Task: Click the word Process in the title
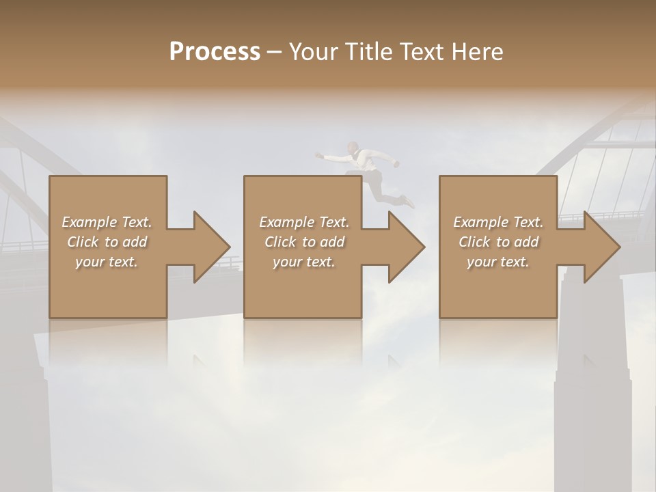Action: (215, 52)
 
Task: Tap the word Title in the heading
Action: (367, 52)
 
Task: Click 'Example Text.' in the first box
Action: (107, 222)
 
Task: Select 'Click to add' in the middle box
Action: (304, 242)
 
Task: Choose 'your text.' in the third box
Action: (498, 262)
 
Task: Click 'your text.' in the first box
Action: (107, 262)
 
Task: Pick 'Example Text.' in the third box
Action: (498, 222)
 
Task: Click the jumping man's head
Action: (351, 148)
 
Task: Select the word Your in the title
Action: (312, 52)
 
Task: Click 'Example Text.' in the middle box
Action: (304, 222)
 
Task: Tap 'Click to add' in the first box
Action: (107, 242)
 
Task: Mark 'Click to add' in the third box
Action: (498, 242)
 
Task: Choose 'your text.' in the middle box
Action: (304, 262)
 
